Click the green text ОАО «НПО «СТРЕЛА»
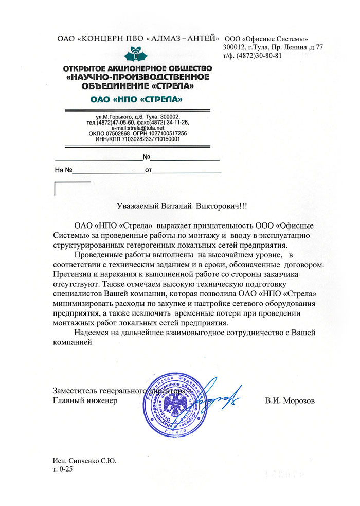click(x=136, y=98)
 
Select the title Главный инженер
click(x=85, y=400)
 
